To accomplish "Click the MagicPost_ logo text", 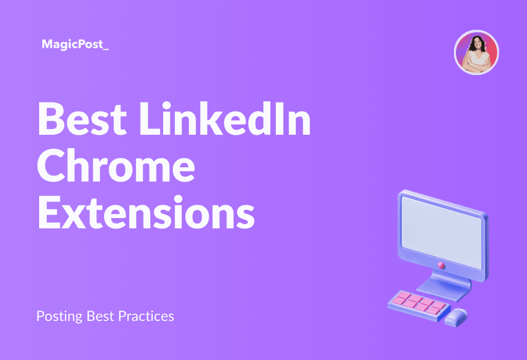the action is coord(75,44).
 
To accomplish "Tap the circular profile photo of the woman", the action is coord(476,52).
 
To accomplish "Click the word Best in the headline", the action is coord(82,119).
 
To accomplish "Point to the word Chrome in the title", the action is coord(116,166).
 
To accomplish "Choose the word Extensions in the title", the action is coord(146,212).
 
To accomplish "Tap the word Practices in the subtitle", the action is coord(146,316).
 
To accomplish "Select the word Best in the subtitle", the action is coord(100,316).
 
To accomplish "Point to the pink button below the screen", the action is coord(442,265).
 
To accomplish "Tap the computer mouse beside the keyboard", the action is coord(456,317).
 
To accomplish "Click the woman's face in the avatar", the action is coord(477,43).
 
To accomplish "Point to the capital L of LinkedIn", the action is coord(150,119).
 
